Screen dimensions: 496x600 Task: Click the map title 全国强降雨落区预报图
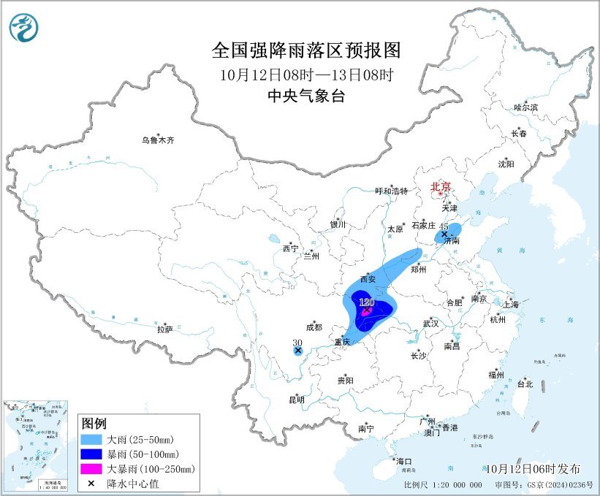point(306,50)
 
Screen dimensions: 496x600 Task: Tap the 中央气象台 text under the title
point(306,96)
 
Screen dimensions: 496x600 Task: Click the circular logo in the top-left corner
point(24,28)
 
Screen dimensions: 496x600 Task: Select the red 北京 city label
point(441,186)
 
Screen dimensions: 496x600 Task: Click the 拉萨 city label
point(164,329)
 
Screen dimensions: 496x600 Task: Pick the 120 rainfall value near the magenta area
point(366,302)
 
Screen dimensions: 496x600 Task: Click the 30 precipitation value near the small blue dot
point(297,342)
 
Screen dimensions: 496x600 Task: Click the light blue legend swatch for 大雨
point(91,440)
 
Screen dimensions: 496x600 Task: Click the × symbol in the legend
point(91,483)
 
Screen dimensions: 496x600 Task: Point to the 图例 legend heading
point(94,424)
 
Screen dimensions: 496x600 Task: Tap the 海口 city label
point(403,461)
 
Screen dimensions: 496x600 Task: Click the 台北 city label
point(525,384)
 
